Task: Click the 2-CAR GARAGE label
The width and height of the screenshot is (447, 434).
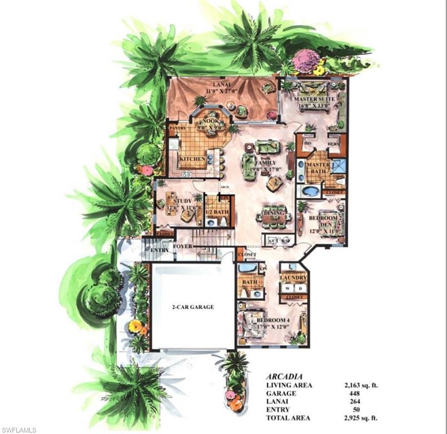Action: pos(193,307)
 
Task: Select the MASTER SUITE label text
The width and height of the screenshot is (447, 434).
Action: pos(314,99)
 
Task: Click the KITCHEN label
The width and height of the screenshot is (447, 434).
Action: pos(192,159)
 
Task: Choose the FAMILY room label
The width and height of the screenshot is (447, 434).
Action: pos(265,163)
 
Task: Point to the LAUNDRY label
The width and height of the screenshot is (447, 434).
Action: pos(294,278)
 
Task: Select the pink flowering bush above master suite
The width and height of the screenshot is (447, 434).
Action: pos(306,60)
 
